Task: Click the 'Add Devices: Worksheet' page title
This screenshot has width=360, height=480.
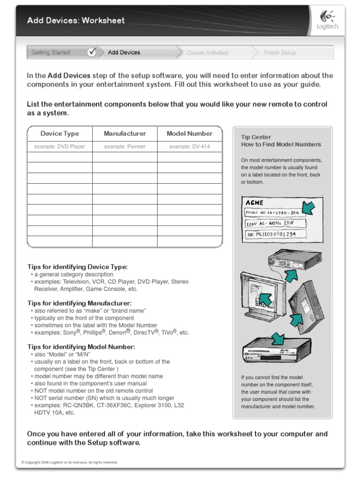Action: coord(76,21)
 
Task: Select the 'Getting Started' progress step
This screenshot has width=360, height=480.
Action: coord(51,52)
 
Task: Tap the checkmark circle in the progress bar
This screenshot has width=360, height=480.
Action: coord(92,52)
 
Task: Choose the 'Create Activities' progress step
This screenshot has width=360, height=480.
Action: coord(208,53)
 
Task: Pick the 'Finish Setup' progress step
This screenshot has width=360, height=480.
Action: coord(280,53)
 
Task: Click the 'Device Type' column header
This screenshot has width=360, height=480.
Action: coord(60,134)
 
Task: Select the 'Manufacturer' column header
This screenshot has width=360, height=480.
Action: coord(125,134)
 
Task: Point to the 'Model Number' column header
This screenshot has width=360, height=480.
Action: coord(189,134)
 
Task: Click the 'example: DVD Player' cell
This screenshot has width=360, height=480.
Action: coord(60,147)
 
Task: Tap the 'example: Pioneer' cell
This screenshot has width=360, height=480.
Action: coord(125,147)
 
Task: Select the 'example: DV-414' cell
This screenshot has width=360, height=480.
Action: coord(189,147)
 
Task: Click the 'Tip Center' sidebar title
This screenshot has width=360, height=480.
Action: coord(253,137)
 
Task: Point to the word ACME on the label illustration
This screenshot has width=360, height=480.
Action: coord(255,203)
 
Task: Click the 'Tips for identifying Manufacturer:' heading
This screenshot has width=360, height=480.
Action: coord(79,303)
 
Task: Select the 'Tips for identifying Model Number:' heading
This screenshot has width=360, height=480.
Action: coord(81,347)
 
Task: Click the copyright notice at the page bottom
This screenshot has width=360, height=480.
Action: coord(69,462)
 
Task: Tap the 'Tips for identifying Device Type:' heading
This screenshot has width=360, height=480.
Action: coord(77,267)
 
